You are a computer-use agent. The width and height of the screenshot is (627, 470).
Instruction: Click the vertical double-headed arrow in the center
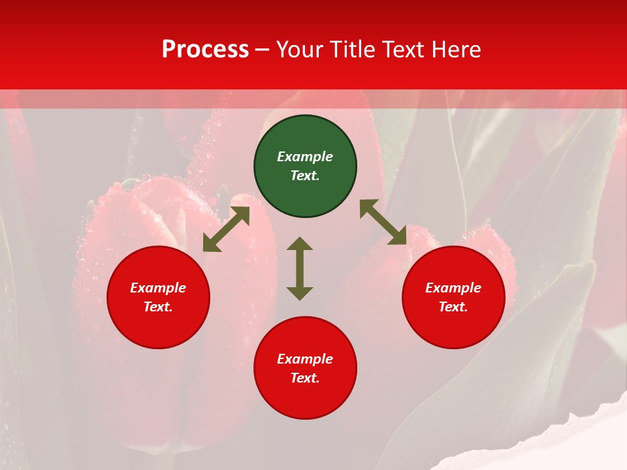[x=300, y=269]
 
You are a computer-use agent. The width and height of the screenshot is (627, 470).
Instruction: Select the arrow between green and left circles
[x=226, y=229]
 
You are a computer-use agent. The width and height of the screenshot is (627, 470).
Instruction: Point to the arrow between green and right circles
[x=383, y=222]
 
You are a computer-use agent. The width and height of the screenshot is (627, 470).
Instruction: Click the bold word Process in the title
[x=205, y=50]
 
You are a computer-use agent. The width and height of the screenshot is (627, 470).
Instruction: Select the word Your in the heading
[x=300, y=50]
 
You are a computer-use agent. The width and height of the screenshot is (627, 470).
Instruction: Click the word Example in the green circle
[x=305, y=157]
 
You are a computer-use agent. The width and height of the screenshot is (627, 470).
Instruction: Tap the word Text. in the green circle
[x=305, y=176]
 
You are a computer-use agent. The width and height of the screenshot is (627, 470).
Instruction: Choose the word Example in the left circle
[x=158, y=288]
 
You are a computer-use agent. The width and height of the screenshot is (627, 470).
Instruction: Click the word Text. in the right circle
[x=453, y=307]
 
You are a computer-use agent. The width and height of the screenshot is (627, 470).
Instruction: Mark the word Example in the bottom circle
[x=305, y=359]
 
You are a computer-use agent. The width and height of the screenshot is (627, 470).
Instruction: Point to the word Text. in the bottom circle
[x=305, y=378]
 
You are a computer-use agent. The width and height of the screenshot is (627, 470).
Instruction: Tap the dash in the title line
[x=262, y=50]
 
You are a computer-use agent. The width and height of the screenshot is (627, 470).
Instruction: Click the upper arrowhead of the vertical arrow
[x=300, y=244]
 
